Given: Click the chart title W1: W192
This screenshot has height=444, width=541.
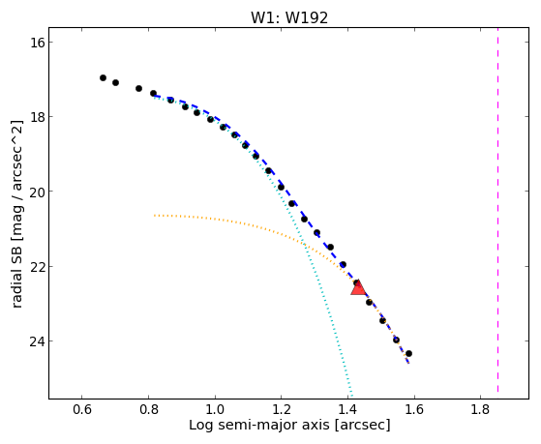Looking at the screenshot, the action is pyautogui.click(x=289, y=17).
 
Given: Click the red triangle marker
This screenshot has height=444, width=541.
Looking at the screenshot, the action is pyautogui.click(x=358, y=287).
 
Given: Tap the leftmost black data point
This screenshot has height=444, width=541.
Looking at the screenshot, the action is pyautogui.click(x=103, y=78).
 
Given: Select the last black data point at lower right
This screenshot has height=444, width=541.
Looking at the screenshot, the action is pyautogui.click(x=408, y=354).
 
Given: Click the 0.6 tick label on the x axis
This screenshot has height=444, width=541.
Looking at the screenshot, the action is pyautogui.click(x=81, y=410).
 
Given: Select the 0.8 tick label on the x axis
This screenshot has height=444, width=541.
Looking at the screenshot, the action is pyautogui.click(x=148, y=410).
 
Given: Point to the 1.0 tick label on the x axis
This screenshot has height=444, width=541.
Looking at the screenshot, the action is pyautogui.click(x=215, y=410).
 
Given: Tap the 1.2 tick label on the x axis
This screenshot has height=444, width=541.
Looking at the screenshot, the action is pyautogui.click(x=282, y=410).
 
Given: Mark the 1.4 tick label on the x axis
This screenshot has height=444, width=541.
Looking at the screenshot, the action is pyautogui.click(x=347, y=410).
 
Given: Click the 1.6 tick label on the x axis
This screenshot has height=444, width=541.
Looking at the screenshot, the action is pyautogui.click(x=414, y=410).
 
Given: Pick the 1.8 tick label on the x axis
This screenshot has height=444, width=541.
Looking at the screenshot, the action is pyautogui.click(x=480, y=410).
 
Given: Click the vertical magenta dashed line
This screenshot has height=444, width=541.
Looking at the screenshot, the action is pyautogui.click(x=497, y=210).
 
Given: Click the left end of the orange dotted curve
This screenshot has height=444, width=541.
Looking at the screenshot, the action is pyautogui.click(x=154, y=216).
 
